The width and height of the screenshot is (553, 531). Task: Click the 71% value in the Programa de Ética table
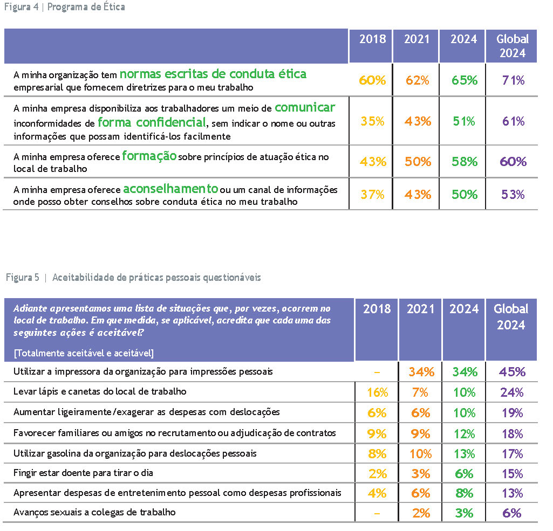513,80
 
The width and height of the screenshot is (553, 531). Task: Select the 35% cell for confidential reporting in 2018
373,121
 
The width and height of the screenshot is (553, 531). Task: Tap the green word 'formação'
149,156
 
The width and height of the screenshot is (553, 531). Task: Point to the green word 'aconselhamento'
170,189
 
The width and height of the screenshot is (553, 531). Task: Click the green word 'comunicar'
305,107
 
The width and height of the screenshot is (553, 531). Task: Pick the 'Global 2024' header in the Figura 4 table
513,46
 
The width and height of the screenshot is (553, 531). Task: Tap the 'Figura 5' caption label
23,278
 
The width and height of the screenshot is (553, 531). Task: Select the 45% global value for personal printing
513,371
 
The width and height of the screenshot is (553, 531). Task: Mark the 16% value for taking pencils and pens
377,392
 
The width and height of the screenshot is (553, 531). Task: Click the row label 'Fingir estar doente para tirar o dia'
83,473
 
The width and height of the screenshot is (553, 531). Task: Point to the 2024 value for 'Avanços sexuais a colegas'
464,513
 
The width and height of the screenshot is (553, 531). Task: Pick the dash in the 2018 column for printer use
377,372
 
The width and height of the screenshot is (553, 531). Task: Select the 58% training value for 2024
465,162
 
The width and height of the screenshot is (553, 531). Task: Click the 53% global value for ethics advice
513,194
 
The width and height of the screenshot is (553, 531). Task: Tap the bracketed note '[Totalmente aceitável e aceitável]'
84,353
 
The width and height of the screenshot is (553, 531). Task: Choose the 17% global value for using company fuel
513,453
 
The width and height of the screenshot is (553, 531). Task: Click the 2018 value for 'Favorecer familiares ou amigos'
377,433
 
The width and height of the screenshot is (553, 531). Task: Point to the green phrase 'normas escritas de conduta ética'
213,74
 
